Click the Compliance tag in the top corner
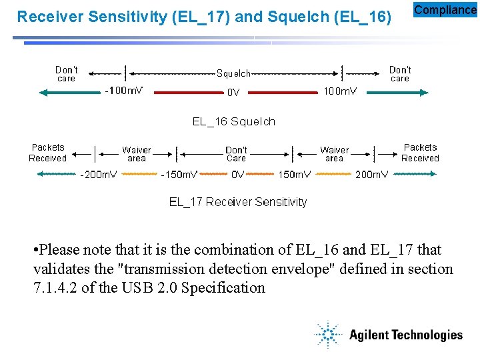[x=445, y=10]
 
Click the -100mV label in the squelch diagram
[x=123, y=91]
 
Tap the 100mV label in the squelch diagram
[x=339, y=91]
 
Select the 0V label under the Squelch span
[x=233, y=93]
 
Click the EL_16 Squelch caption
[x=233, y=121]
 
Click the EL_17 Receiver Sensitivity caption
[x=238, y=201]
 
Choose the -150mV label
[x=179, y=175]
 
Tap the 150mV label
[x=294, y=175]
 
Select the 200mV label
[x=371, y=175]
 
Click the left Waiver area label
[x=136, y=154]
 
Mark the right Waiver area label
[x=334, y=154]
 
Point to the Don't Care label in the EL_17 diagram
[x=236, y=154]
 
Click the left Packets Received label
[x=48, y=153]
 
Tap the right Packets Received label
[x=420, y=153]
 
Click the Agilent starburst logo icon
[x=328, y=335]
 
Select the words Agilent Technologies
[x=405, y=335]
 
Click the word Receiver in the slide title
[x=45, y=17]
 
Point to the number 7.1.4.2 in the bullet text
[x=56, y=288]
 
